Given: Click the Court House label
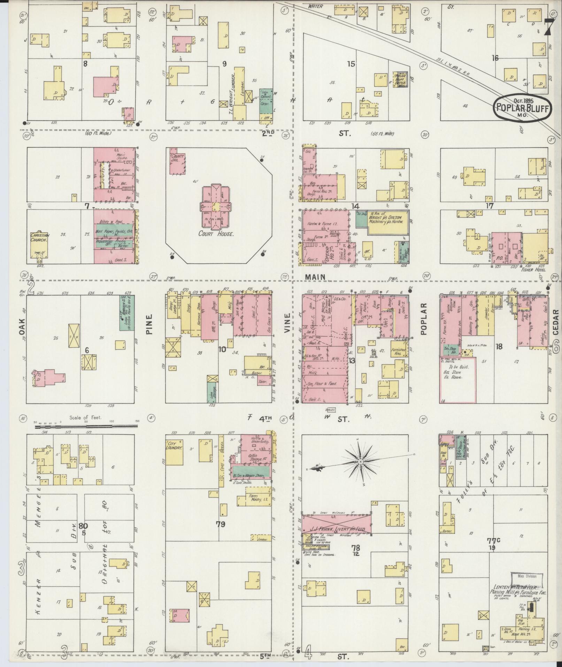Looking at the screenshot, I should tap(216, 234).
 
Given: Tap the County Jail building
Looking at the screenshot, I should tap(177, 161).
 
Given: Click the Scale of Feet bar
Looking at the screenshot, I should tap(86, 426).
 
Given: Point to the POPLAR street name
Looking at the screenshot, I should tap(423, 318).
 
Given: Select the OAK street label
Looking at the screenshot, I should tap(23, 327).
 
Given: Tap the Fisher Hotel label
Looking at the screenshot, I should tap(533, 270).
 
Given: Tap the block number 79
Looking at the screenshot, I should tap(220, 524).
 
